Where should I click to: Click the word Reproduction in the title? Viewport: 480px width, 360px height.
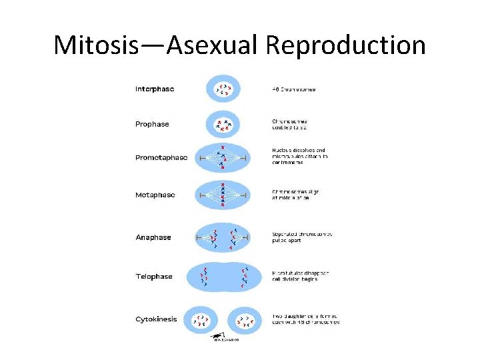(345, 45)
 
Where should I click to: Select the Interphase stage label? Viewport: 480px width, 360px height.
(155, 89)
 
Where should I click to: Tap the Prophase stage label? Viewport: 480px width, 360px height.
(152, 124)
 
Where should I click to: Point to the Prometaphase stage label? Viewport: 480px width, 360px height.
(161, 158)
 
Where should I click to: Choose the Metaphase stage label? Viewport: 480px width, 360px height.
(155, 195)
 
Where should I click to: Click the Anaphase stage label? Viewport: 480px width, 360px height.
(153, 237)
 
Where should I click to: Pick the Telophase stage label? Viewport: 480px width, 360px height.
(154, 276)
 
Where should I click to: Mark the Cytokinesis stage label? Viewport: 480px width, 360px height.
(157, 319)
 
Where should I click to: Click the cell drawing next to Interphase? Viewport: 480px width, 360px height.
(222, 89)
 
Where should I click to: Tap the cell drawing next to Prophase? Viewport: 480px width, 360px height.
(222, 124)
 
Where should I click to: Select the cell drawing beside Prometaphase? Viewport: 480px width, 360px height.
(222, 158)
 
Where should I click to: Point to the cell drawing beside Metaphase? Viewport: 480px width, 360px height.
(222, 195)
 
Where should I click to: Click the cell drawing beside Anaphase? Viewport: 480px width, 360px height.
(222, 237)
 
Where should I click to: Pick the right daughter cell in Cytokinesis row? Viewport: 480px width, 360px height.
(243, 321)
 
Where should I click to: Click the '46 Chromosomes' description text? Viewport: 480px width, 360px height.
(294, 89)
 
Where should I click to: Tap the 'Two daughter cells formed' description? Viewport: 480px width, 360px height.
(305, 319)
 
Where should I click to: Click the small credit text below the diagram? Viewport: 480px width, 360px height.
(226, 339)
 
